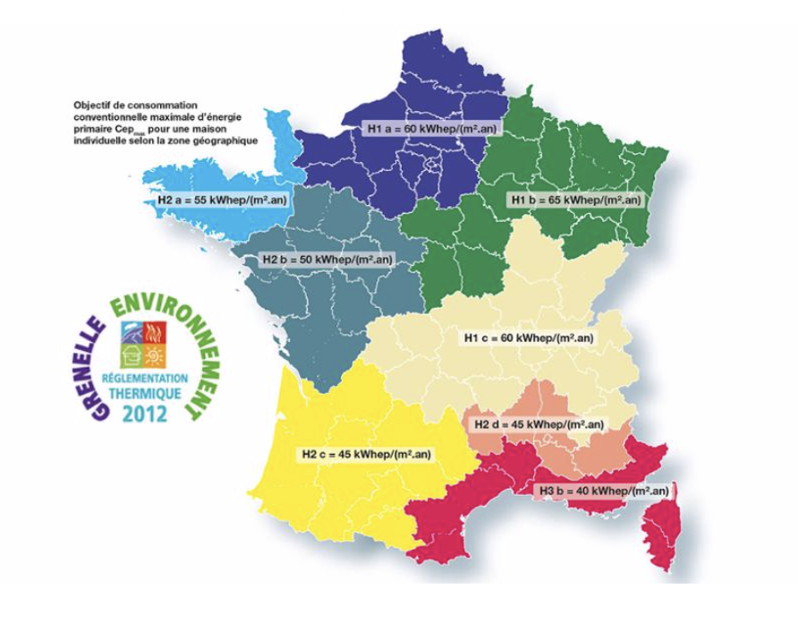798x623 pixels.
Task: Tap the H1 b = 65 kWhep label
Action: click(x=573, y=201)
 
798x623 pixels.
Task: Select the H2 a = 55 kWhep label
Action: click(x=222, y=201)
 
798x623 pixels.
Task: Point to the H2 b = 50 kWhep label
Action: click(x=327, y=260)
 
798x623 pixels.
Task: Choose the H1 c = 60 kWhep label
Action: click(x=529, y=338)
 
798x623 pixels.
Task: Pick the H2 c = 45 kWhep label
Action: click(x=366, y=454)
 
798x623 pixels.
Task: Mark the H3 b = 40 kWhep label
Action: click(x=603, y=491)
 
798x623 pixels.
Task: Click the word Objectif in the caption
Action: click(x=91, y=105)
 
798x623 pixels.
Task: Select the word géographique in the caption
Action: click(x=228, y=140)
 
